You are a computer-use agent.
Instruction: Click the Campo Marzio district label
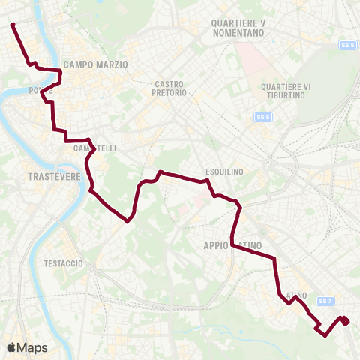click(96, 65)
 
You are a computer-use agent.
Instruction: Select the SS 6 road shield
click(347, 45)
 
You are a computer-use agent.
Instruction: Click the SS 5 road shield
click(262, 117)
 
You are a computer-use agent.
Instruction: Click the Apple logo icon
click(12, 347)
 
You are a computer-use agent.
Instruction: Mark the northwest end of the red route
click(13, 25)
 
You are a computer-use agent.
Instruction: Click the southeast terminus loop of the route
click(345, 321)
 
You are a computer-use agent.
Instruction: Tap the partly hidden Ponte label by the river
click(35, 90)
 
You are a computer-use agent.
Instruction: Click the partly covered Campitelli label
click(94, 148)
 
